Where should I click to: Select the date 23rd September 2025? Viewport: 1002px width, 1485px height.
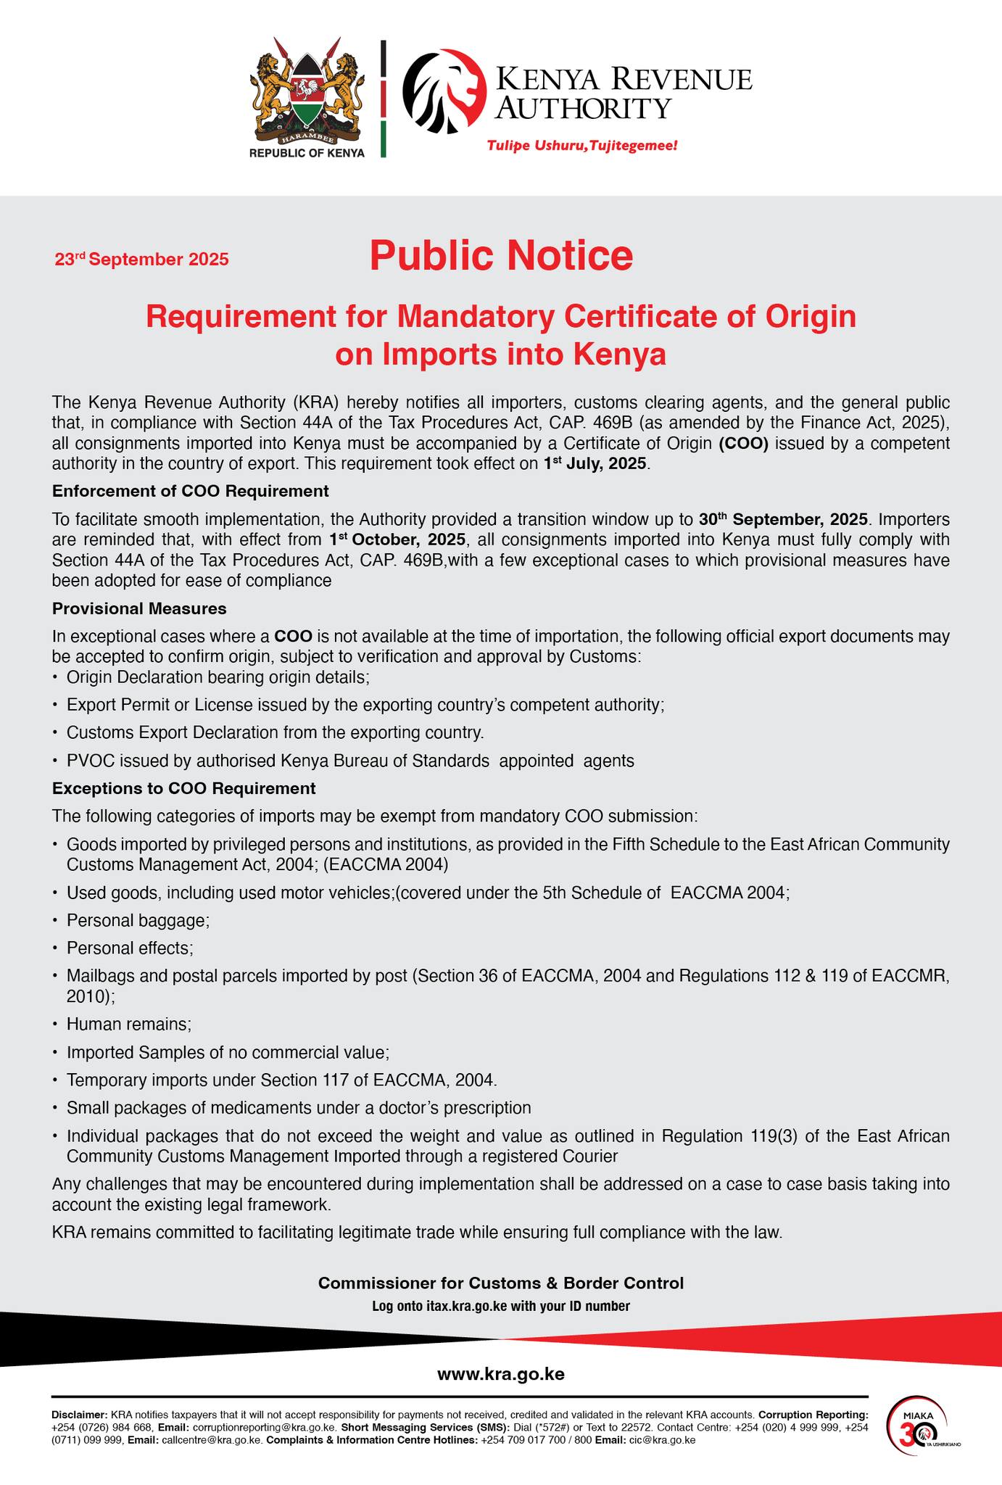(141, 259)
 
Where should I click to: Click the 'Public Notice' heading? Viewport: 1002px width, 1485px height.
(501, 256)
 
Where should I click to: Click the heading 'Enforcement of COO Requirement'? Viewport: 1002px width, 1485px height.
(191, 492)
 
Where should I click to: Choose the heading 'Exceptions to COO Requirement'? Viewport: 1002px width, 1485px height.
(184, 788)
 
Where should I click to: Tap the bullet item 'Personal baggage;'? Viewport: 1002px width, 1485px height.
(138, 921)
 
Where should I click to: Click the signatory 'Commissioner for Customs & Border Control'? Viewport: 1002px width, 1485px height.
(501, 1283)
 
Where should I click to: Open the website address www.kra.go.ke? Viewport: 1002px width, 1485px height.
(501, 1374)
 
